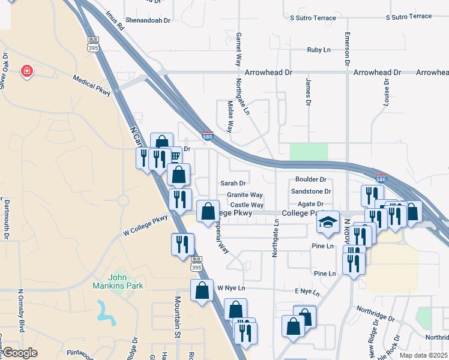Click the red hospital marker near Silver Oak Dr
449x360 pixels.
point(26,72)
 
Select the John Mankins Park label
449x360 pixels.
point(125,281)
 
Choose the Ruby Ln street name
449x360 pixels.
point(319,50)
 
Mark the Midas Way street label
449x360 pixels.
point(230,118)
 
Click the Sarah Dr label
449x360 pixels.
point(234,184)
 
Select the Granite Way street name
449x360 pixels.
point(245,195)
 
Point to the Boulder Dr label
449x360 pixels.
point(310,179)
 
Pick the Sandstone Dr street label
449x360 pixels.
point(311,191)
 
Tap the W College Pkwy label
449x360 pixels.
point(145,226)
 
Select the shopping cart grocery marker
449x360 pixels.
point(175,156)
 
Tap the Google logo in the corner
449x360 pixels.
point(20,353)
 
